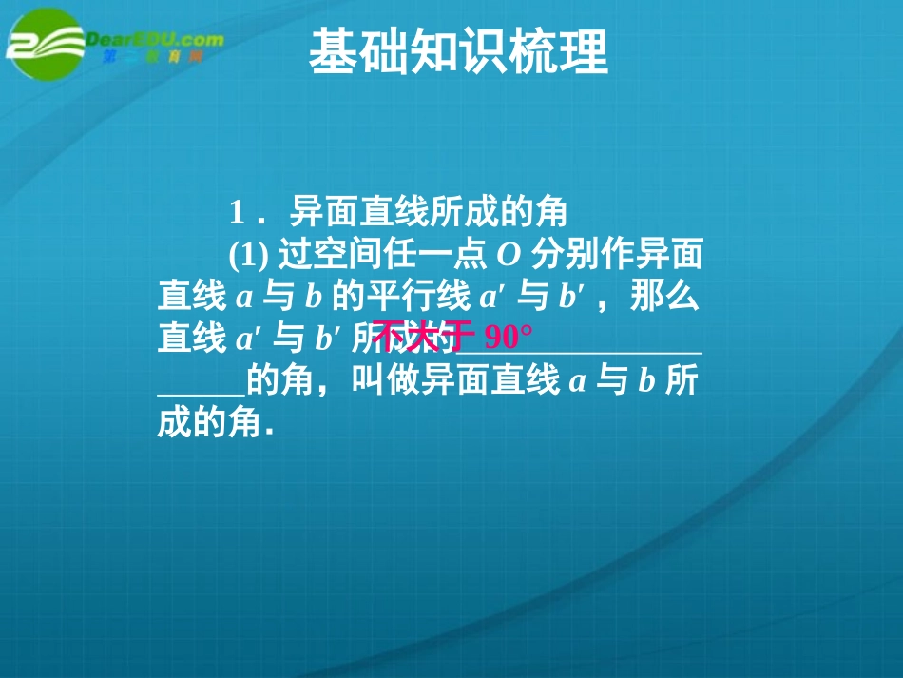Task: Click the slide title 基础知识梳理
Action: [x=458, y=50]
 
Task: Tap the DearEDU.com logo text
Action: [x=157, y=40]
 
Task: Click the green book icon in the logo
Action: [x=43, y=43]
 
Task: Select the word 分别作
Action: [x=578, y=254]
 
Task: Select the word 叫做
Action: [x=379, y=380]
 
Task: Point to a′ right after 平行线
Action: [x=490, y=298]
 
